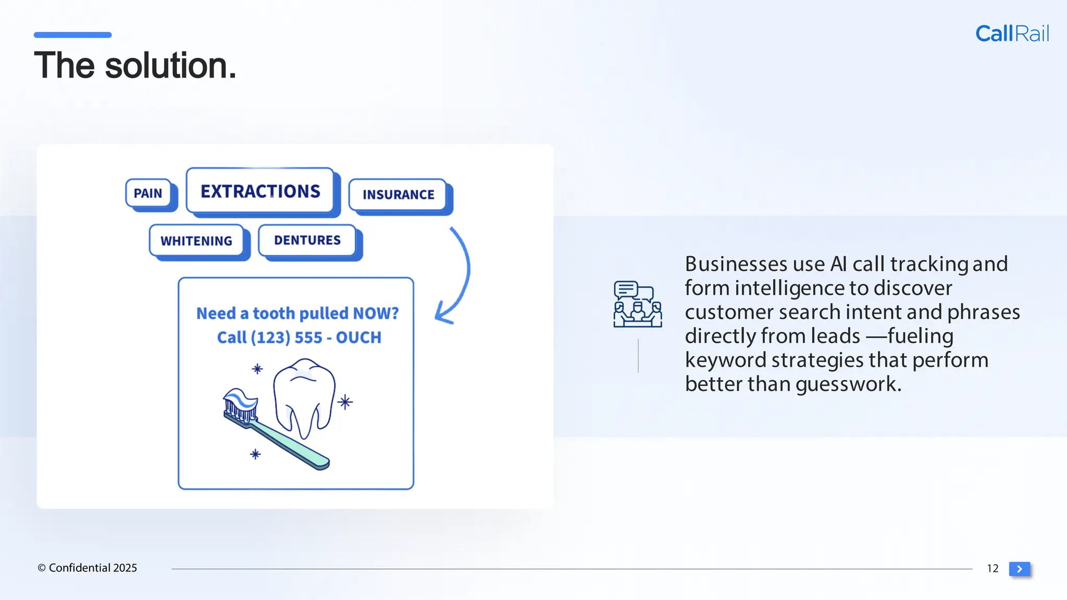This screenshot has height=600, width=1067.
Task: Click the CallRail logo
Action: (x=1011, y=34)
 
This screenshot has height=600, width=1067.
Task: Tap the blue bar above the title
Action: (x=72, y=35)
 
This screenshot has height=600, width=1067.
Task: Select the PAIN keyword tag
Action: (x=148, y=193)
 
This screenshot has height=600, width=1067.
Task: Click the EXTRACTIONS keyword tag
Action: (x=260, y=191)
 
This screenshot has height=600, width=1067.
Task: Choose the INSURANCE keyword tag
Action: (x=398, y=195)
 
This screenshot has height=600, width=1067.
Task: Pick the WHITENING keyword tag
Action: (x=196, y=241)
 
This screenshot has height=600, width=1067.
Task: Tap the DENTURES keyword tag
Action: (x=307, y=240)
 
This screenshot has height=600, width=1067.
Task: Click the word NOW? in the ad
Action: (x=375, y=313)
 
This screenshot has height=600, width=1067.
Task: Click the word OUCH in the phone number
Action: (x=358, y=337)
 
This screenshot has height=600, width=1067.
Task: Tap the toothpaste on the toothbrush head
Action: (x=241, y=399)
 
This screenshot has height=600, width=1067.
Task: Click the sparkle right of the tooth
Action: (x=345, y=402)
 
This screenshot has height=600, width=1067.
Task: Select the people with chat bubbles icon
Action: (x=637, y=304)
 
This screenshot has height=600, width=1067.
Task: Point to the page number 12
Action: (x=992, y=568)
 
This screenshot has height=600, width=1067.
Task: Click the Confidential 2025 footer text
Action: (x=88, y=568)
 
